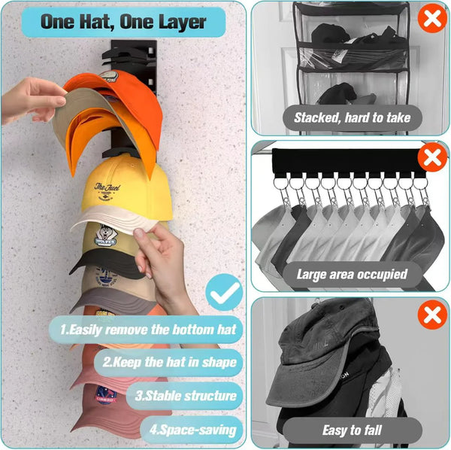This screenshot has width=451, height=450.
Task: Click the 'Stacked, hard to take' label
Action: [x=351, y=117]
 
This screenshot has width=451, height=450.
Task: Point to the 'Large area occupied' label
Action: [x=351, y=274]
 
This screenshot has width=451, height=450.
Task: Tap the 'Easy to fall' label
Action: [x=351, y=430]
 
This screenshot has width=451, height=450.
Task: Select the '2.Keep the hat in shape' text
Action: [x=169, y=362]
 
